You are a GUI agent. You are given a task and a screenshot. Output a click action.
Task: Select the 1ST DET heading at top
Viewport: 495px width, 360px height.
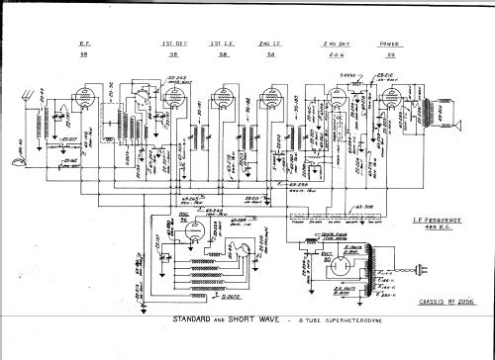click(169, 45)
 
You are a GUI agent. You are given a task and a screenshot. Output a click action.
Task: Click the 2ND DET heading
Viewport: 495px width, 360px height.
click(335, 45)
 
